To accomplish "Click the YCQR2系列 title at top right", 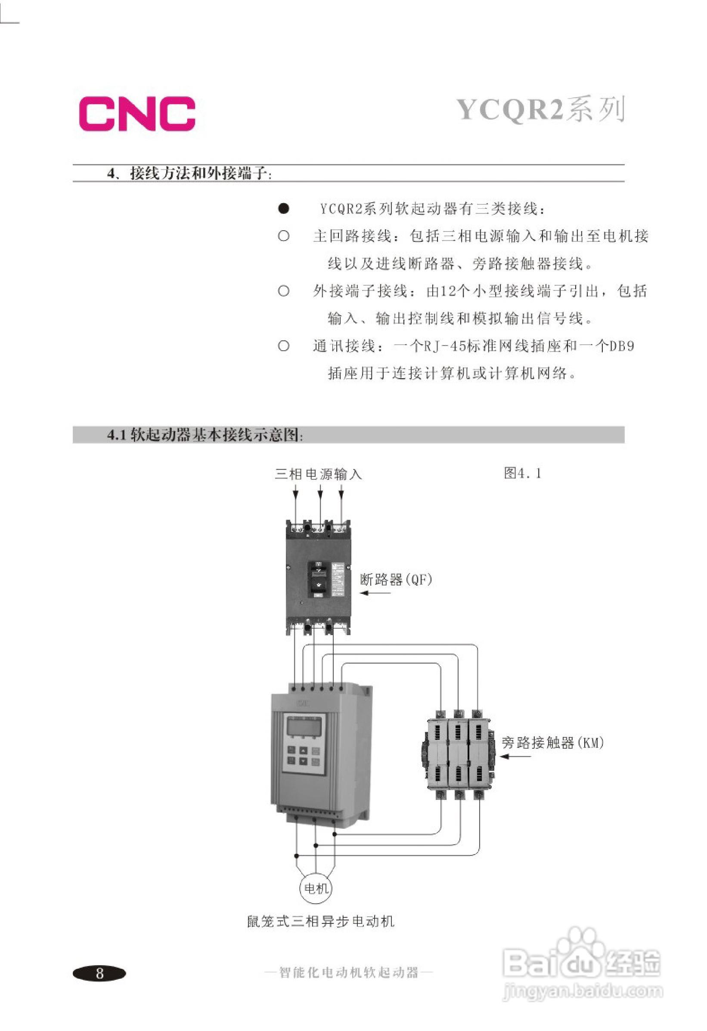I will [540, 109].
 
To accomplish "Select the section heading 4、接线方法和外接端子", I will [189, 173].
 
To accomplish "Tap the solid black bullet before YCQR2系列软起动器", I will [284, 209].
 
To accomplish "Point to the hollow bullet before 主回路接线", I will [284, 236].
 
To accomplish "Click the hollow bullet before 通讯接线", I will [284, 346].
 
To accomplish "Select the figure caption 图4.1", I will [522, 474].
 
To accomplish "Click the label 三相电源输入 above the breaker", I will [318, 474].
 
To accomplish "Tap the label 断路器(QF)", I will [396, 579].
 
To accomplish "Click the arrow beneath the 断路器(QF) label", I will [375, 593].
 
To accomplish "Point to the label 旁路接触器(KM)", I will [552, 743].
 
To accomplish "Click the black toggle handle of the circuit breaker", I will [318, 577].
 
